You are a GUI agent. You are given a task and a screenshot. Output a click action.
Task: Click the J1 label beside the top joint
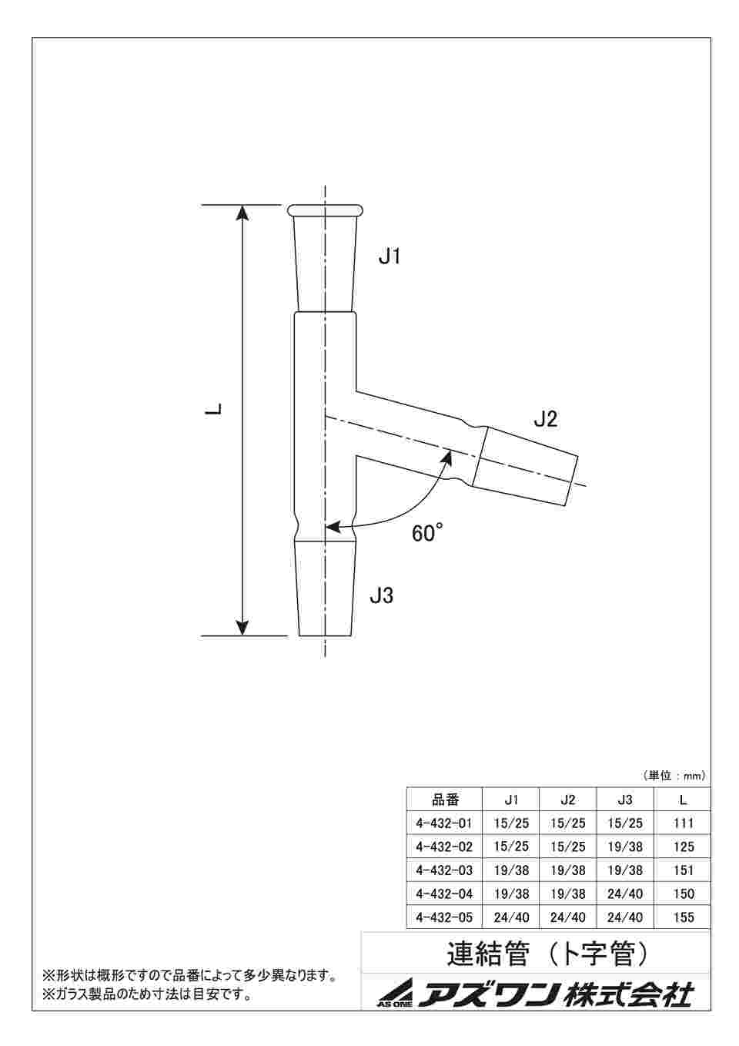pos(390,257)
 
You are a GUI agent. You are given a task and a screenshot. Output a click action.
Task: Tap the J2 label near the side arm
pos(545,420)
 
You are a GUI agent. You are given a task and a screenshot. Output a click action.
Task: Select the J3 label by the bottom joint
pos(381,595)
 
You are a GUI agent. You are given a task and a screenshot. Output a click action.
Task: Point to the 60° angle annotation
pos(428,533)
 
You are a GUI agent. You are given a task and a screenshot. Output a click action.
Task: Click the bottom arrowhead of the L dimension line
pos(242,627)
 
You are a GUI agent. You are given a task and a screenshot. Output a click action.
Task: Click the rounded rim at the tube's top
pos(325,210)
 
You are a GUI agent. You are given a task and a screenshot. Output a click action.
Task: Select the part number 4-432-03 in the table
pos(443,870)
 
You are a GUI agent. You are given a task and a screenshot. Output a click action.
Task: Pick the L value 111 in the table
pos(683,823)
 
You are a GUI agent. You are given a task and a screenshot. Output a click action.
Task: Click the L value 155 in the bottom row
pos(683,917)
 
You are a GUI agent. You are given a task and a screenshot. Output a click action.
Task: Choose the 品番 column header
pos(444,800)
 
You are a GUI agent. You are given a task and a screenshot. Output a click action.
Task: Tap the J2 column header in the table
pos(568,800)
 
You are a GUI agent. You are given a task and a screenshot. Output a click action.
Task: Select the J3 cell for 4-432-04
pos(625,894)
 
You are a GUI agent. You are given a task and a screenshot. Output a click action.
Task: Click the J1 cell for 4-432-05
pos(511,917)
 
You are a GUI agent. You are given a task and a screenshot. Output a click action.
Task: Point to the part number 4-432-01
pos(443,823)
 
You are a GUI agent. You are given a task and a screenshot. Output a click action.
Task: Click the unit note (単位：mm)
pos(674,776)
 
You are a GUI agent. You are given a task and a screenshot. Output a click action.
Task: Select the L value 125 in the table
pos(683,847)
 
